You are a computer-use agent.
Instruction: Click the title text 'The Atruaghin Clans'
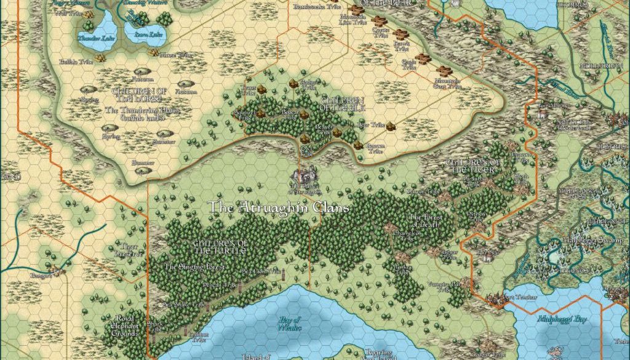(x=279, y=207)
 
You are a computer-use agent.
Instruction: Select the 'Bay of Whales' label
(x=289, y=322)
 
